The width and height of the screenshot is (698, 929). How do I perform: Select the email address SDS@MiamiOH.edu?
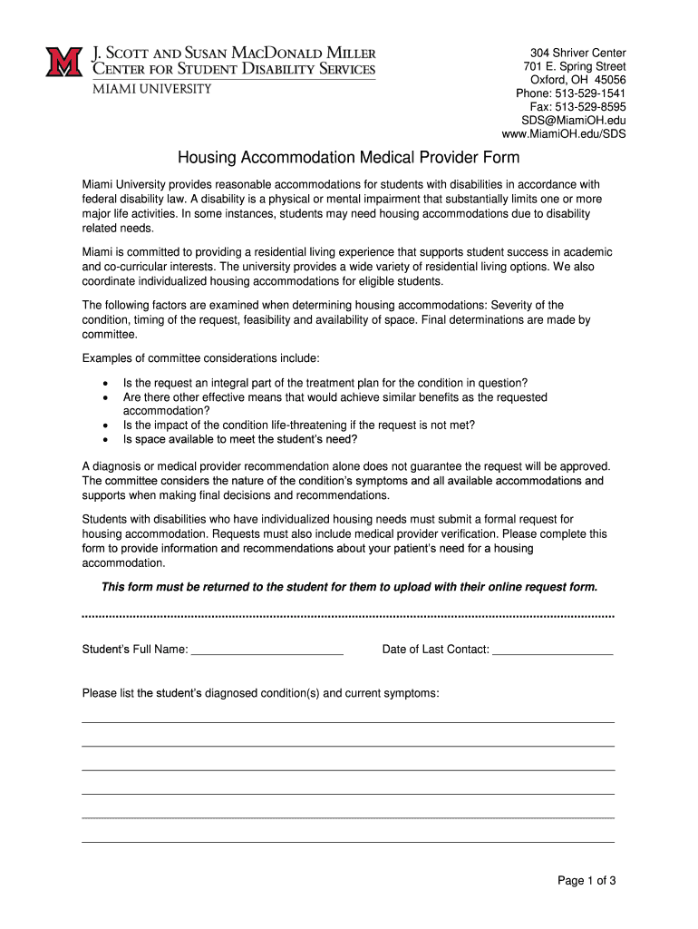[x=573, y=121]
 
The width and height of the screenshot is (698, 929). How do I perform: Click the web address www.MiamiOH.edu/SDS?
[x=564, y=134]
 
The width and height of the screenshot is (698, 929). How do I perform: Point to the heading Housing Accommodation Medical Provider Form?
[x=348, y=158]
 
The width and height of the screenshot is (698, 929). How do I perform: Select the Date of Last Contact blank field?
[x=552, y=649]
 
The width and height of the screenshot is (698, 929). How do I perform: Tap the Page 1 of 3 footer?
[x=587, y=880]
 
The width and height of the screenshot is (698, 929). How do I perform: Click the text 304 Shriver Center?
[x=578, y=53]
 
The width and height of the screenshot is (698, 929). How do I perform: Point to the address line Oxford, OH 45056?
[x=578, y=80]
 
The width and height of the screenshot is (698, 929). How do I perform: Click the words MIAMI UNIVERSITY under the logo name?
[x=150, y=89]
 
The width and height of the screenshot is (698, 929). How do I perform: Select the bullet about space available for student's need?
[x=240, y=440]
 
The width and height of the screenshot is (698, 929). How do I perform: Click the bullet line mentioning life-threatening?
[x=299, y=425]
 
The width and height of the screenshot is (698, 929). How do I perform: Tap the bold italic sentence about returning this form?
[x=350, y=587]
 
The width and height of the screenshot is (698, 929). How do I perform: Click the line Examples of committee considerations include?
[x=200, y=358]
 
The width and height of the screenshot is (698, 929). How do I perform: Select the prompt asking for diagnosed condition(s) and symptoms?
[x=261, y=694]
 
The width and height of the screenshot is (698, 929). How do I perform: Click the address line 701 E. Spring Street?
[x=575, y=66]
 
